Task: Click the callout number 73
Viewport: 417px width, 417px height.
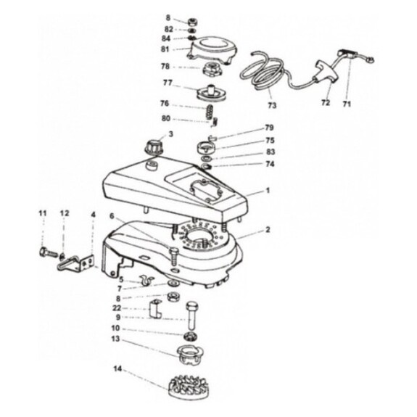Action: [x=272, y=105]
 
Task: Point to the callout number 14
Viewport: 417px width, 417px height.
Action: [x=117, y=369]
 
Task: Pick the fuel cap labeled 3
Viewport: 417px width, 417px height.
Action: [x=154, y=146]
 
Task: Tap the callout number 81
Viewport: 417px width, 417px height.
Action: [x=165, y=49]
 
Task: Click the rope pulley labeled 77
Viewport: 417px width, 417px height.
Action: [x=211, y=93]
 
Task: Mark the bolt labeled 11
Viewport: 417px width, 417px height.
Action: [x=49, y=252]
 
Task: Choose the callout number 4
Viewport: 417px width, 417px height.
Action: [x=93, y=214]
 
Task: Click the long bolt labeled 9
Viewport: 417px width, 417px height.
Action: [x=193, y=315]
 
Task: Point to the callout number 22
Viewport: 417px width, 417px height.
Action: [x=117, y=308]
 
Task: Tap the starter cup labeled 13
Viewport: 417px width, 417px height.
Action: [x=190, y=355]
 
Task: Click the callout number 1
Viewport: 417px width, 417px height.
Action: [x=268, y=191]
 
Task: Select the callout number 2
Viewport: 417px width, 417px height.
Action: [x=268, y=229]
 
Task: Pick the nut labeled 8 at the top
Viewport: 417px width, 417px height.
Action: [x=193, y=21]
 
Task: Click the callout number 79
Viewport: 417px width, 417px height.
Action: [x=269, y=128]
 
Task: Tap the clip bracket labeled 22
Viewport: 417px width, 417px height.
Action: [x=155, y=308]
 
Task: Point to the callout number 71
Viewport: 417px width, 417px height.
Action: [x=347, y=104]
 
